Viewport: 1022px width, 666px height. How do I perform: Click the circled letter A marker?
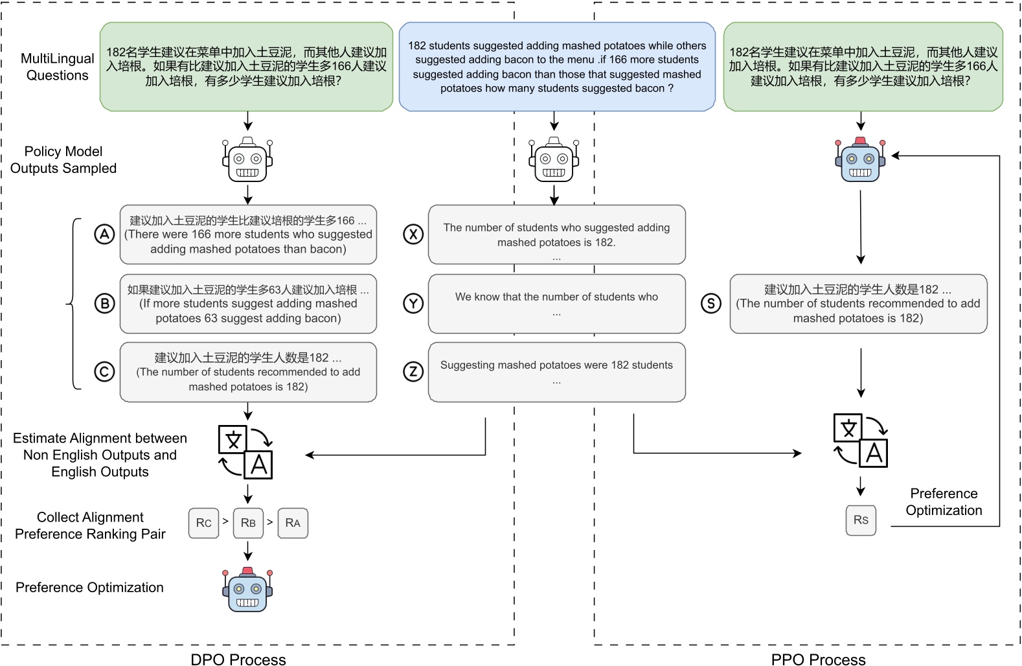click(x=104, y=235)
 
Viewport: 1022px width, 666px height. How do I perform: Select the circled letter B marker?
click(x=104, y=303)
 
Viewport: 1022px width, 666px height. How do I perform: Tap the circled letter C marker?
click(x=104, y=372)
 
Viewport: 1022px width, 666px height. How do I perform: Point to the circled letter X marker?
click(x=413, y=235)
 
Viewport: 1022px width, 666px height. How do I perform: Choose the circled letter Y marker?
click(x=413, y=303)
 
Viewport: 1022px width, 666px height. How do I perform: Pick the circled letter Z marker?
click(x=413, y=372)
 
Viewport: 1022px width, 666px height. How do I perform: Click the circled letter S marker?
click(x=711, y=303)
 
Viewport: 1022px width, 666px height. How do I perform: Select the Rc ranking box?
click(x=203, y=523)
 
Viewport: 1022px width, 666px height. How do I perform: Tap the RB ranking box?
click(x=248, y=523)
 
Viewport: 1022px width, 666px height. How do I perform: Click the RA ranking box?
click(x=293, y=523)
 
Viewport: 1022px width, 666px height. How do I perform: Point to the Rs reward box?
click(x=861, y=520)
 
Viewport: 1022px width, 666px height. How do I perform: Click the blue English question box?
click(x=557, y=67)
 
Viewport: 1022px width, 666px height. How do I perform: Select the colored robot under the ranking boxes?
click(x=247, y=589)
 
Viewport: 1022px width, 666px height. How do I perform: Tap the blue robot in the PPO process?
click(x=860, y=160)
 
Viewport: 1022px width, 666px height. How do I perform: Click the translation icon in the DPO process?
click(x=245, y=452)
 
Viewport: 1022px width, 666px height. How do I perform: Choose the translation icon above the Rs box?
click(x=860, y=441)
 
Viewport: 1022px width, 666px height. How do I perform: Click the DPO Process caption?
click(x=238, y=659)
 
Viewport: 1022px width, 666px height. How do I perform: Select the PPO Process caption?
click(x=818, y=659)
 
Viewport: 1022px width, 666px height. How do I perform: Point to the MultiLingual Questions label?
click(x=57, y=67)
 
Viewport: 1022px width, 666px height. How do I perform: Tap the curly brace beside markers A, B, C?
click(x=73, y=303)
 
